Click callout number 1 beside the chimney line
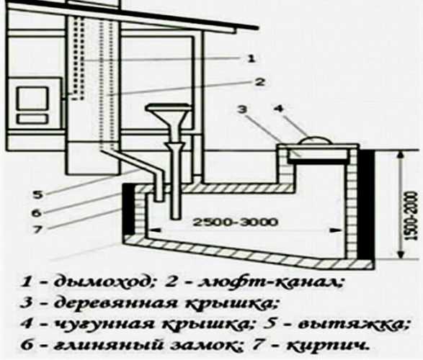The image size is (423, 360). click(x=251, y=58)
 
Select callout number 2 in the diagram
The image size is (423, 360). click(x=260, y=81)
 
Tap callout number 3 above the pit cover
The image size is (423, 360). click(x=242, y=109)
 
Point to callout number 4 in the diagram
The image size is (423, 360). click(x=279, y=109)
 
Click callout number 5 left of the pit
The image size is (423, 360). click(x=37, y=194)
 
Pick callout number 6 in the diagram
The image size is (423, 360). click(x=37, y=213)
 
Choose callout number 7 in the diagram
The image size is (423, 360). click(x=37, y=230)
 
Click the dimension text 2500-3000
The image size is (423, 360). click(x=235, y=222)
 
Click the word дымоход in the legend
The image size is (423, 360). click(x=101, y=282)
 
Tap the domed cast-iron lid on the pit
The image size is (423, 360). click(x=313, y=140)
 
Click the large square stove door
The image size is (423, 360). click(x=32, y=99)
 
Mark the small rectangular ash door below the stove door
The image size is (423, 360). click(x=32, y=119)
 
